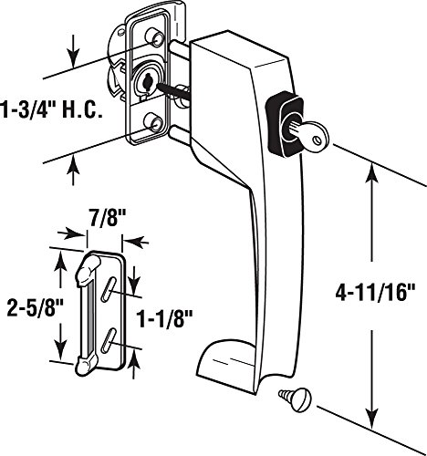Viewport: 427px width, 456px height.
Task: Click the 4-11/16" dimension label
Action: [x=375, y=293]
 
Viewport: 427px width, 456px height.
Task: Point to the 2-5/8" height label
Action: [x=35, y=307]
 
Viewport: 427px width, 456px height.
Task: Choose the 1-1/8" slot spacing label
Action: [x=165, y=318]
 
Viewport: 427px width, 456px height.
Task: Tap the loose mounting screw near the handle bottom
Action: [x=294, y=399]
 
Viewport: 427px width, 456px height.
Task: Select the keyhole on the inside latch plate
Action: [x=147, y=81]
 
